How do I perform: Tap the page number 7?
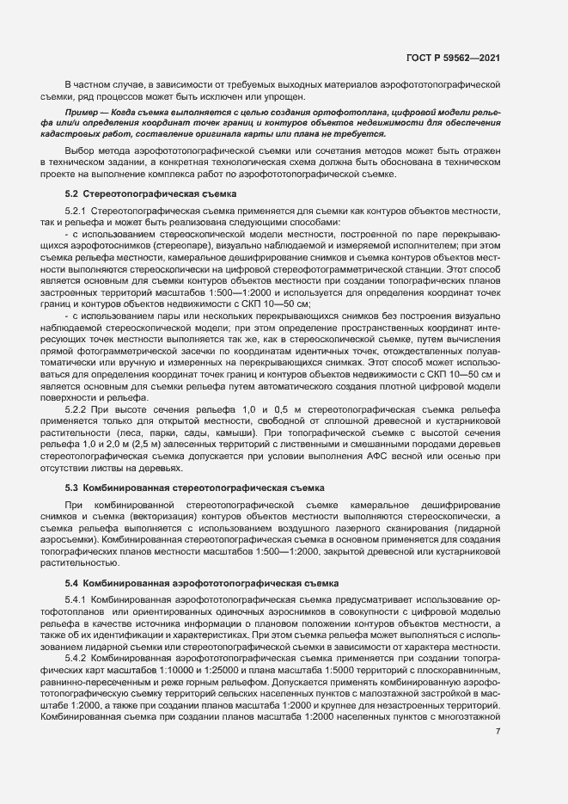click(x=498, y=733)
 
